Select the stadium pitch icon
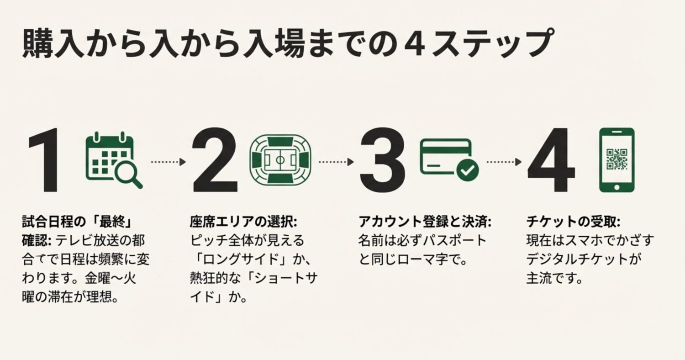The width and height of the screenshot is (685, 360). (x=280, y=160)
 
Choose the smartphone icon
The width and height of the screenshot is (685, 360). (x=616, y=160)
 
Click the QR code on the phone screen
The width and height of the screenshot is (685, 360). (x=616, y=158)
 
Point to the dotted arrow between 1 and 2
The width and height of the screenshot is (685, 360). (x=168, y=162)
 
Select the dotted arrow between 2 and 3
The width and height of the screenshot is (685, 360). (x=336, y=162)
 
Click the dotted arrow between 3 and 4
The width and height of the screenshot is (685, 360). (x=504, y=162)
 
